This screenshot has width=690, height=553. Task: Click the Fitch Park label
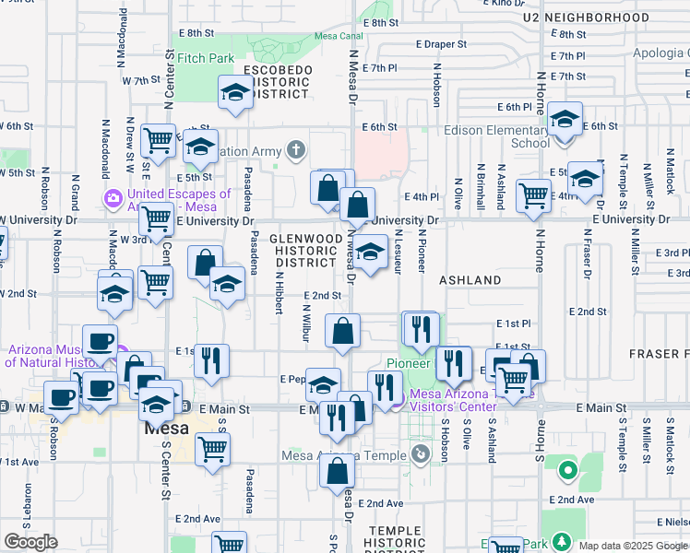(206, 58)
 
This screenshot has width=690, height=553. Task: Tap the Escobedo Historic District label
(278, 82)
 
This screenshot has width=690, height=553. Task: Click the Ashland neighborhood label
(470, 279)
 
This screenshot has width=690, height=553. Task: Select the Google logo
(30, 542)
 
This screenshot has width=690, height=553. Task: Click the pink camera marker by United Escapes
(114, 197)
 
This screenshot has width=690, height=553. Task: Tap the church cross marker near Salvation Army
(295, 149)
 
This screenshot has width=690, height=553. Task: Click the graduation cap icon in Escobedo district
(235, 92)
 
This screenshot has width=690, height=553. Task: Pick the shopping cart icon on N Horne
(533, 195)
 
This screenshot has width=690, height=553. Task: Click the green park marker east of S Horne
(567, 472)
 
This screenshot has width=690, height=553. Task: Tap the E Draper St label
(435, 43)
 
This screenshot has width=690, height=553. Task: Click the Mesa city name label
(166, 429)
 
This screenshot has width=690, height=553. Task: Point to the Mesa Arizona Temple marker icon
(421, 453)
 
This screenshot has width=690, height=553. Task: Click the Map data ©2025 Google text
(633, 546)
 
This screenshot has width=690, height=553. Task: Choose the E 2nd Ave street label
(381, 503)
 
